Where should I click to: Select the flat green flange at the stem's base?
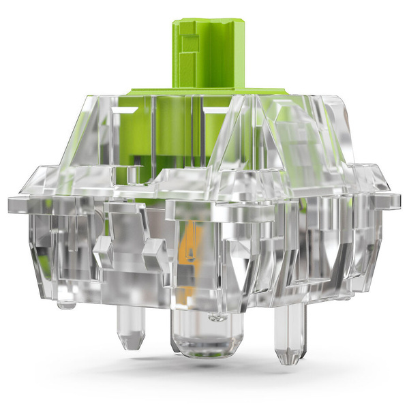204,91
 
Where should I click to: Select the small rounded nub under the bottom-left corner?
66,303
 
